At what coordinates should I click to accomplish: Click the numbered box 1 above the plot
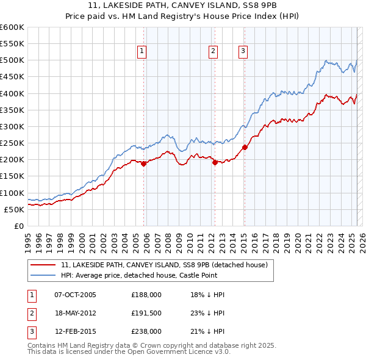(142, 52)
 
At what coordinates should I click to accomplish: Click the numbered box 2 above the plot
(213, 52)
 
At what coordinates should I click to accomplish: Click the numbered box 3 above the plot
(243, 52)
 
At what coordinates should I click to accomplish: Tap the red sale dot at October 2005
(144, 164)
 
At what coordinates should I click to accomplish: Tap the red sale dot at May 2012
(215, 162)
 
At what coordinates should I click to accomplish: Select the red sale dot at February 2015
(245, 147)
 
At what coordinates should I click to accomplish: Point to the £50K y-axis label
(14, 209)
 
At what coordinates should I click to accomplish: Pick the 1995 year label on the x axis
(27, 240)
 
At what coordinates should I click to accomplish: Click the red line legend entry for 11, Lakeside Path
(164, 265)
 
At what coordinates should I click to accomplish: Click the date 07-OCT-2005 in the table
(75, 295)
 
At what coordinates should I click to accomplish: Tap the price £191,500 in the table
(146, 313)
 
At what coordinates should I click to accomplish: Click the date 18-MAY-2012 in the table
(75, 313)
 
